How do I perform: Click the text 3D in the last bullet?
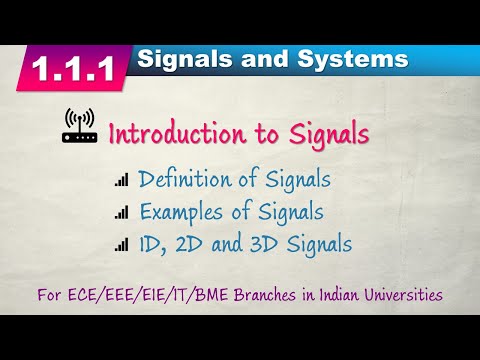275,242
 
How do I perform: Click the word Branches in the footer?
258,296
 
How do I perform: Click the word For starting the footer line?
50,296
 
